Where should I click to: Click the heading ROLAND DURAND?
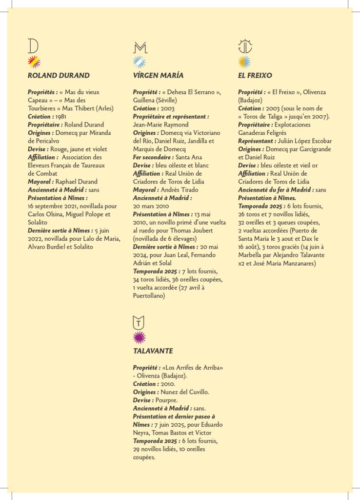pyautogui.click(x=59, y=76)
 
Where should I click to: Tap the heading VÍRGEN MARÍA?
pyautogui.click(x=158, y=76)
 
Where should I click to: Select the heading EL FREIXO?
pyautogui.click(x=255, y=76)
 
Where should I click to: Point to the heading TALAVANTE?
pyautogui.click(x=153, y=351)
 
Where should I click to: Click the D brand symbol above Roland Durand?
pyautogui.click(x=33, y=46)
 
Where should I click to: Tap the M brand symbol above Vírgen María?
pyautogui.click(x=140, y=47)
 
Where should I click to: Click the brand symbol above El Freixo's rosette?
pyautogui.click(x=245, y=46)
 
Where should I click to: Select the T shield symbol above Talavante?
pyautogui.click(x=139, y=322)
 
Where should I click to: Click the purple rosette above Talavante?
pyautogui.click(x=140, y=337)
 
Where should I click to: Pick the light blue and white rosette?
pyautogui.click(x=140, y=62)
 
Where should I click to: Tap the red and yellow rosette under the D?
pyautogui.click(x=34, y=62)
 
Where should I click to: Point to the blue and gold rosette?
pyautogui.click(x=245, y=62)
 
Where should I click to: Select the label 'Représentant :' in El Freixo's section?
pyautogui.click(x=257, y=141)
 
